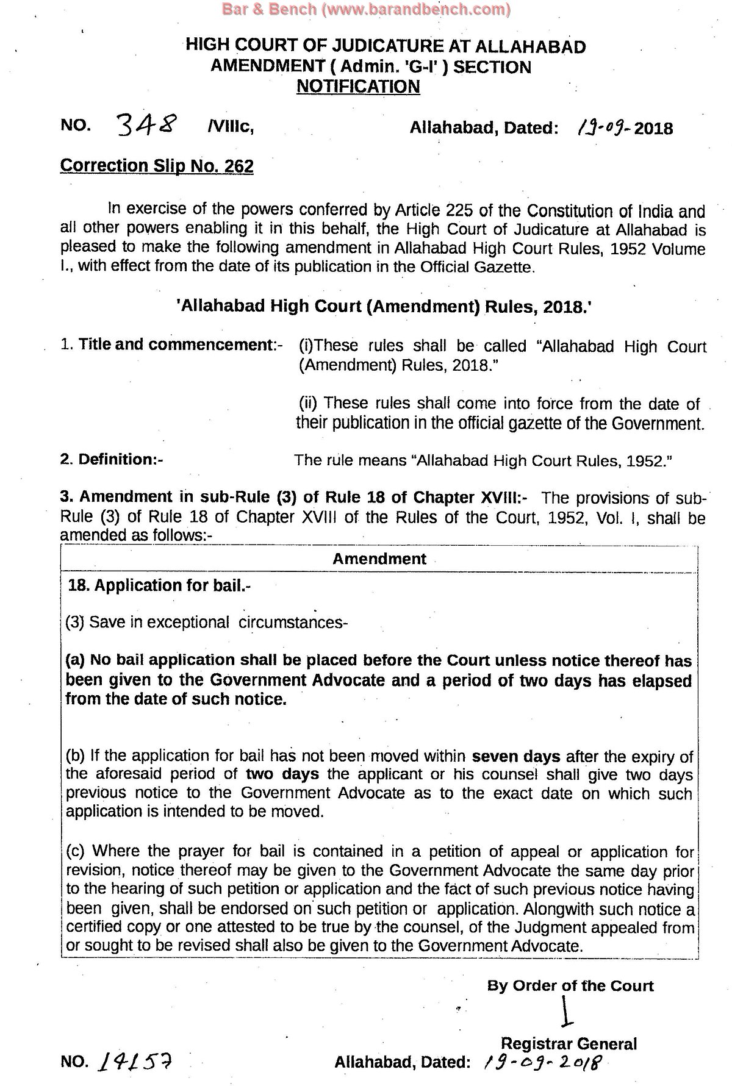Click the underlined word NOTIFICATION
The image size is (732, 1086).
click(x=358, y=87)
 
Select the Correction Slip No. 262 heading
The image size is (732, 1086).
click(x=157, y=166)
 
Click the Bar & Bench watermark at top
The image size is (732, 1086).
click(x=366, y=9)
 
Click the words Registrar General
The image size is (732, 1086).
click(x=569, y=1043)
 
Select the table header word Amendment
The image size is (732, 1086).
click(x=379, y=559)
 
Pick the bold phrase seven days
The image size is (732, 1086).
click(x=516, y=757)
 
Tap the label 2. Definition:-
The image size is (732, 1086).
click(x=112, y=459)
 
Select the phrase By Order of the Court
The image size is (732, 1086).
click(x=570, y=986)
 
